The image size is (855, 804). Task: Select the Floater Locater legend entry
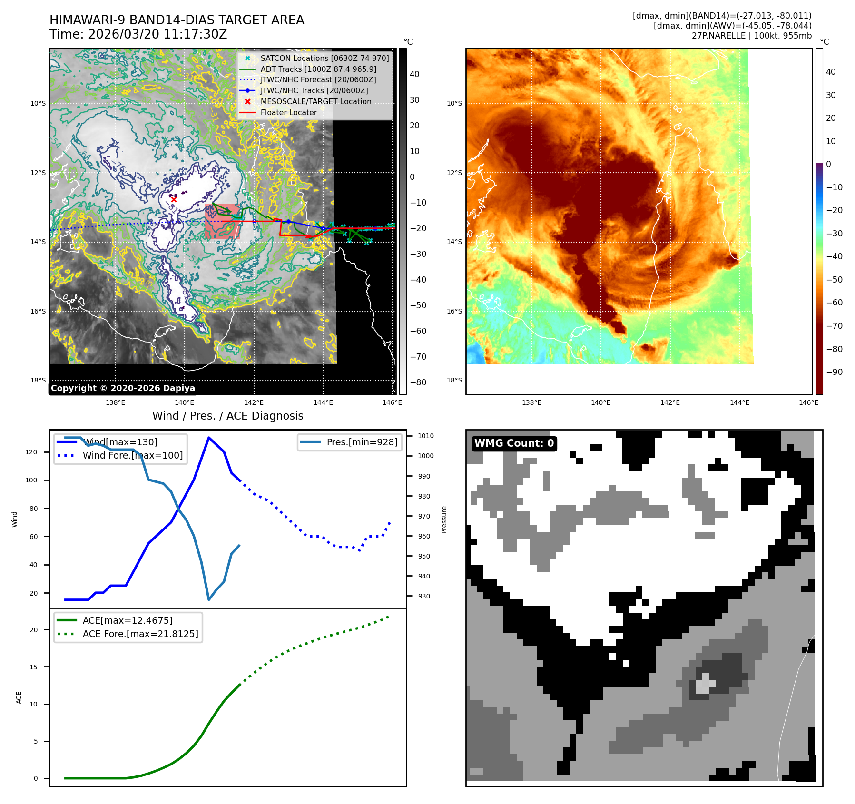[x=288, y=113]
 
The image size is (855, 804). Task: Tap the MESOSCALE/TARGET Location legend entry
[x=315, y=102]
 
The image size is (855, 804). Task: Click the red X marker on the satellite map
[x=174, y=199]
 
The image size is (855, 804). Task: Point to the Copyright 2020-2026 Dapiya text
[x=123, y=388]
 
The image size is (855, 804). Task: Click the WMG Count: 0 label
[x=514, y=443]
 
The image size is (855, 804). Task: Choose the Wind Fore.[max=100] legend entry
[x=132, y=456]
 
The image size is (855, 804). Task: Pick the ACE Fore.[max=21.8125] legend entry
[x=140, y=634]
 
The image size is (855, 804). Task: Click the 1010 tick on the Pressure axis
[x=425, y=436]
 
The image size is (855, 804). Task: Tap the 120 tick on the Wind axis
[x=31, y=452]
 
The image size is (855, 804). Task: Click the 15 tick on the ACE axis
[x=33, y=667]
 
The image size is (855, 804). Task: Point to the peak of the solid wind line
[x=208, y=437]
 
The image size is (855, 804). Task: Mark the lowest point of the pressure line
[x=208, y=599]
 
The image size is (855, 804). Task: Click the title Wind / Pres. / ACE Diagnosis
[x=227, y=416]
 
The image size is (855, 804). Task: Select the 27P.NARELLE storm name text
[x=718, y=36]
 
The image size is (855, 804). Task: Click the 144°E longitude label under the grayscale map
[x=323, y=403]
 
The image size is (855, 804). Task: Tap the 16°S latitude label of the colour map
[x=454, y=312]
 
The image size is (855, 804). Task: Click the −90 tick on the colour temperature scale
[x=834, y=372]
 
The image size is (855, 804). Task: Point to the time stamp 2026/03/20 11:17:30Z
[x=157, y=35]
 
